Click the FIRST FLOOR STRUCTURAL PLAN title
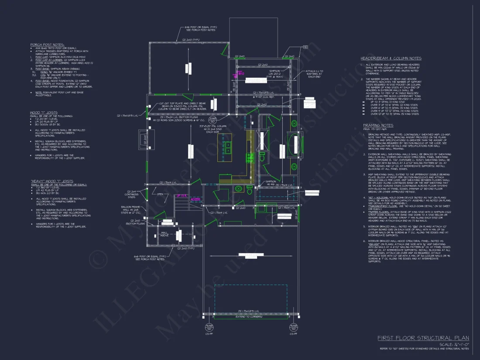[423, 338]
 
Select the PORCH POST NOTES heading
[47, 45]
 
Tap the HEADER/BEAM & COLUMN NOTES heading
[391, 58]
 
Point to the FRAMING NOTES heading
[378, 125]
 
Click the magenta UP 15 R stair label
[182, 195]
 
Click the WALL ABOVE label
[165, 235]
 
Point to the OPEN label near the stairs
[160, 195]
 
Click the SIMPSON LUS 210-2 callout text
[274, 72]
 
